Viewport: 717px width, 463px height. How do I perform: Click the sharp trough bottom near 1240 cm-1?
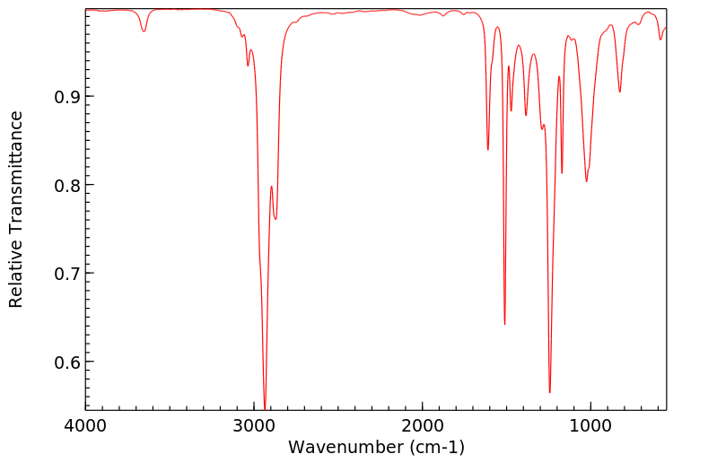(550, 392)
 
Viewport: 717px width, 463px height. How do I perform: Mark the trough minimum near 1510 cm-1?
(505, 324)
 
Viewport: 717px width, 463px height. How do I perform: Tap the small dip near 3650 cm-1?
(144, 32)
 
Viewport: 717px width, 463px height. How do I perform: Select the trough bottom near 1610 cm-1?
(488, 149)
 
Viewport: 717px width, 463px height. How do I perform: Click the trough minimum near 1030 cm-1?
(586, 181)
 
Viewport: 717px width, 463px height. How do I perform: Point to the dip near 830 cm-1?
(619, 92)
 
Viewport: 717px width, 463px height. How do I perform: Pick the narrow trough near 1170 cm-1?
(562, 173)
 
